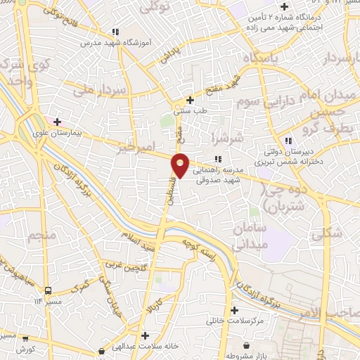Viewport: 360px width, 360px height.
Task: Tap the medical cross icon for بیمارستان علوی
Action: (x=57, y=122)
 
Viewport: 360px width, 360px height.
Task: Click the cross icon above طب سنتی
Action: (x=191, y=101)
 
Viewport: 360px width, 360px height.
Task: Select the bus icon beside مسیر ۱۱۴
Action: (x=47, y=290)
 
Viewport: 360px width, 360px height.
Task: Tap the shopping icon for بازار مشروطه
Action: (x=246, y=345)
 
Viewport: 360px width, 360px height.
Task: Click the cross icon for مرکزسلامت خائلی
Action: (x=234, y=310)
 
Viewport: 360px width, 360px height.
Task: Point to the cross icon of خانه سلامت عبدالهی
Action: (x=144, y=335)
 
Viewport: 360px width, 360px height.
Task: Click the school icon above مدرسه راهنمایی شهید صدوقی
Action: (x=218, y=158)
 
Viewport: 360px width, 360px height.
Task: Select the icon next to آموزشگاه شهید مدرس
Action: (x=115, y=32)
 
